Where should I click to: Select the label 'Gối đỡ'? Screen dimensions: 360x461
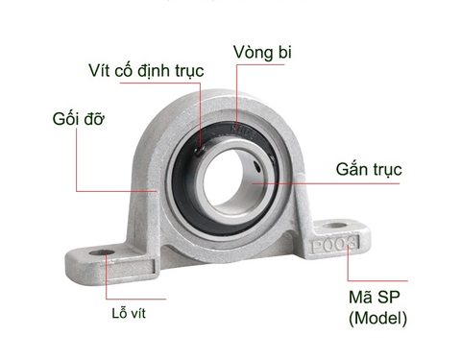click(79, 120)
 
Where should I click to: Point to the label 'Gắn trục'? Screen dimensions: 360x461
click(369, 170)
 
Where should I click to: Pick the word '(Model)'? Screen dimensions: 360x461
click(377, 318)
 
